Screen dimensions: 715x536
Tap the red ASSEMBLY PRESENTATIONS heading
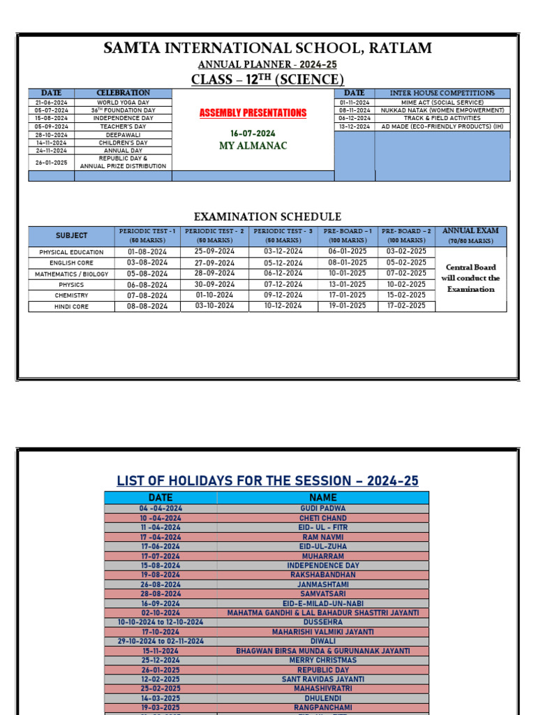253,112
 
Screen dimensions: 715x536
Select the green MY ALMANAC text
253,146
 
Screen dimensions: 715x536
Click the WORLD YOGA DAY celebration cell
123,103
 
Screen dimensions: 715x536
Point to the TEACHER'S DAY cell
123,126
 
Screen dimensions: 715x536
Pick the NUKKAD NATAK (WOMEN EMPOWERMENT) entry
442,110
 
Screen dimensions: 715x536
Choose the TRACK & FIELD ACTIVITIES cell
442,119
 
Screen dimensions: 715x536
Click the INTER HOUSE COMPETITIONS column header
442,93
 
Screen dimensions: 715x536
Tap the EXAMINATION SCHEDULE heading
267,217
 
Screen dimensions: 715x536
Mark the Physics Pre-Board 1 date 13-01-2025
347,284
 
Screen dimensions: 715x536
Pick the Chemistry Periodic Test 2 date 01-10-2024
214,295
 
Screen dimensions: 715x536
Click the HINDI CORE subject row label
71,307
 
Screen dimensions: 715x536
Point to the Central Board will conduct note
470,278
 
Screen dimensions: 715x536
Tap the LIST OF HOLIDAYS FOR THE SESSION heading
267,481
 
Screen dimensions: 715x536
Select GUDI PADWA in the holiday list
322,509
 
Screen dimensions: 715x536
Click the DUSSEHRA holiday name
322,622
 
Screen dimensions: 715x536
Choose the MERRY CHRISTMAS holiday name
322,660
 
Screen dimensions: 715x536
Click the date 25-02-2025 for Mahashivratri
161,688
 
